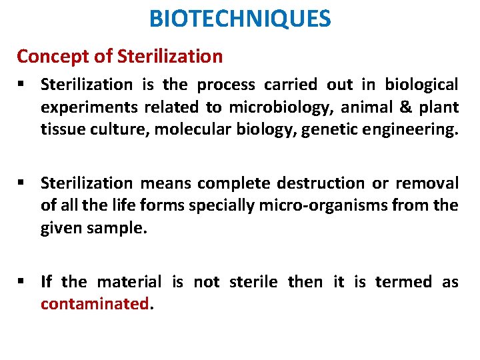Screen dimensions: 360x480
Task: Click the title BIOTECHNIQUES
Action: point(239,19)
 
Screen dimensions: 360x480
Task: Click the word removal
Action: point(425,183)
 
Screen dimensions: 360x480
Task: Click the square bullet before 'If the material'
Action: point(23,282)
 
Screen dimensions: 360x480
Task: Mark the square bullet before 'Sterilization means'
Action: point(23,183)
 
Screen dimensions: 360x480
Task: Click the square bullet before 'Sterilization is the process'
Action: point(23,85)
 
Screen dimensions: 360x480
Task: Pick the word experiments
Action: point(87,107)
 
